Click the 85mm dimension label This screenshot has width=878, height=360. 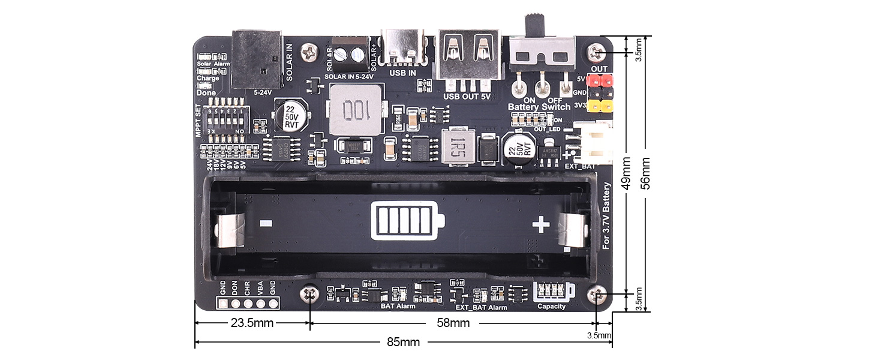click(x=403, y=342)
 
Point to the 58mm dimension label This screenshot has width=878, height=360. click(x=453, y=323)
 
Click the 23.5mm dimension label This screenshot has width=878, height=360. click(x=252, y=323)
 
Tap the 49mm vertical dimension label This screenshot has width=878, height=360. click(x=627, y=173)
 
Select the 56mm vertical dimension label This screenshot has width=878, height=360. click(x=646, y=173)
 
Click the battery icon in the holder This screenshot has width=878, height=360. click(x=408, y=221)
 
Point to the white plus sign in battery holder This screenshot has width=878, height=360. click(x=541, y=225)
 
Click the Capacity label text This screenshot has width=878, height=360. click(x=551, y=307)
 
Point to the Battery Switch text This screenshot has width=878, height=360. click(x=539, y=107)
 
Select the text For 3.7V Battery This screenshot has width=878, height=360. click(x=606, y=215)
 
